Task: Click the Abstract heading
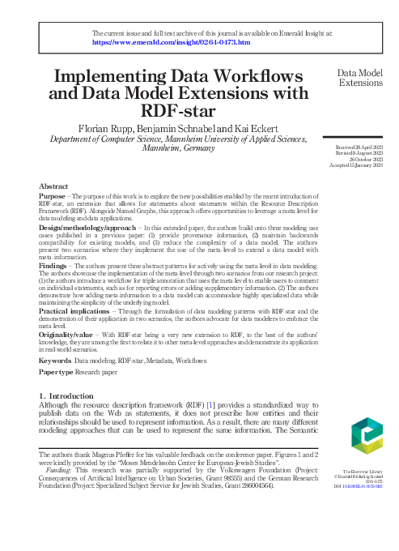(53, 186)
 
